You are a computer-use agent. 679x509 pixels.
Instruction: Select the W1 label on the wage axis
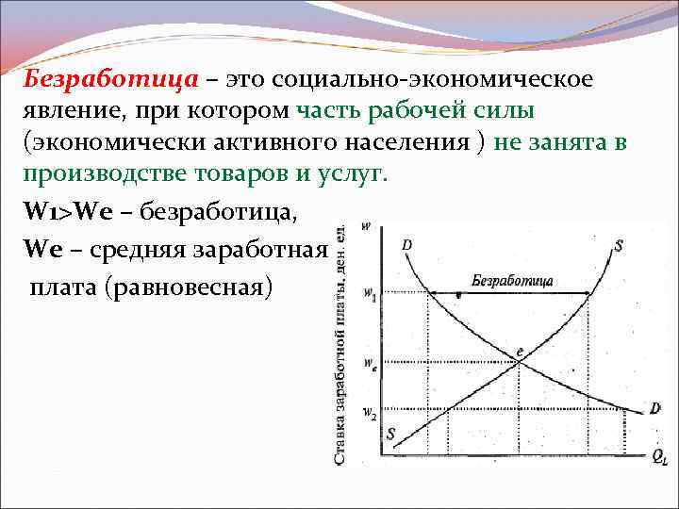click(369, 295)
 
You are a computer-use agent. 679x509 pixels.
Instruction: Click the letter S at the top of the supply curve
click(619, 246)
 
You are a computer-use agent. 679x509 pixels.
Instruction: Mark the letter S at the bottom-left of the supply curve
click(390, 435)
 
